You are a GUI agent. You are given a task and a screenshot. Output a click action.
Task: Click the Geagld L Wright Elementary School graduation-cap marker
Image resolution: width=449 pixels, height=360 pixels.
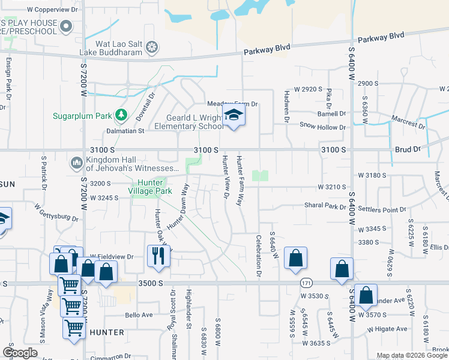pos(234,116)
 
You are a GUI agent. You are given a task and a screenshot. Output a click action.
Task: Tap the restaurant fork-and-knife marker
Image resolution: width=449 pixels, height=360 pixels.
pos(159,256)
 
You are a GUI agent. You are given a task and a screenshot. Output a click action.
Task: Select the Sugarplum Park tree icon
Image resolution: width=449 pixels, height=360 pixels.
pos(121,114)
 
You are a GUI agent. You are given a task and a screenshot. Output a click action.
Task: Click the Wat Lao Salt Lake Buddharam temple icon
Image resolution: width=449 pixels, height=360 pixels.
pos(152,46)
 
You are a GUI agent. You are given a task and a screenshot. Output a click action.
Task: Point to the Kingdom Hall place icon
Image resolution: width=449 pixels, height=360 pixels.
pos(76,162)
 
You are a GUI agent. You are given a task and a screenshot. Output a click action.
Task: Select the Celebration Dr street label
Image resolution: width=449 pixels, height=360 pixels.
pos(259,254)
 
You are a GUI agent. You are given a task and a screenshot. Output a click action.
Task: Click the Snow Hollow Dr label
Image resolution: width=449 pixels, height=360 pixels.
pos(323,127)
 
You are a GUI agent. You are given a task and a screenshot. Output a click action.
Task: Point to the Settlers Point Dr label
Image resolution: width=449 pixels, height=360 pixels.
pos(382,209)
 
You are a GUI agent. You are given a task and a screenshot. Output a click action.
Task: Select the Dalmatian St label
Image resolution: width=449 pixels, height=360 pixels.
pos(125,130)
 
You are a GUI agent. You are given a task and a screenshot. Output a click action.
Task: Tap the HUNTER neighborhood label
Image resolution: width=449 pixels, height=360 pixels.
pos(107,332)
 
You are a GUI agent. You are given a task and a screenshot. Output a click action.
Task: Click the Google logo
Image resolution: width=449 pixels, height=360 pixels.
pos(20,353)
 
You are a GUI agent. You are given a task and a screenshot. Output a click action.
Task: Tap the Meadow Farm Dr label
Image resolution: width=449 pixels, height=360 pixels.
pos(232,104)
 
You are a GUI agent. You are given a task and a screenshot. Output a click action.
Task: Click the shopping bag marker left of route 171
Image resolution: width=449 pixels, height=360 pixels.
pos(295,259)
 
